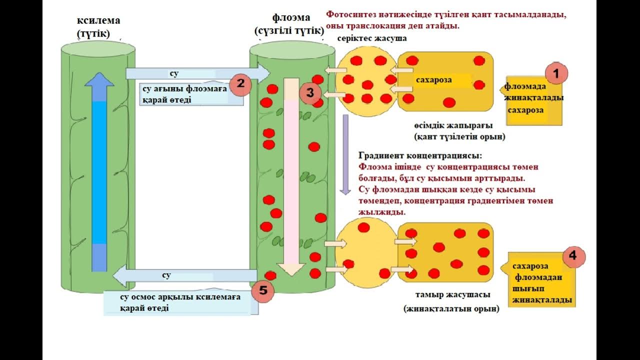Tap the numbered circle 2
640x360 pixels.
pyautogui.click(x=240, y=83)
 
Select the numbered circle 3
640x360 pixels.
pyautogui.click(x=310, y=92)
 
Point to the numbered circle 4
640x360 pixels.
pyautogui.click(x=573, y=256)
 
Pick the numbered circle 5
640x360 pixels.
pyautogui.click(x=263, y=290)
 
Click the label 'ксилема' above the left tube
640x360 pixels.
pyautogui.click(x=98, y=21)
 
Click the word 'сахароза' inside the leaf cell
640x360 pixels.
pyautogui.click(x=434, y=80)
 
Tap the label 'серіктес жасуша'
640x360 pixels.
pyautogui.click(x=371, y=38)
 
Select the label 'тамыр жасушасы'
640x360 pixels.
pyautogui.click(x=452, y=294)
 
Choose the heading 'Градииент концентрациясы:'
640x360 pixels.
pyautogui.click(x=420, y=155)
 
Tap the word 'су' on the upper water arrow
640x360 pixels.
pyautogui.click(x=174, y=73)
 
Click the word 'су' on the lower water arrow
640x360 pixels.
pyautogui.click(x=166, y=275)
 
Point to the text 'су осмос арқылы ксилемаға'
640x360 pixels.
pyautogui.click(x=180, y=297)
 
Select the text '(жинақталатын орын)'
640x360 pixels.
pyautogui.click(x=451, y=309)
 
